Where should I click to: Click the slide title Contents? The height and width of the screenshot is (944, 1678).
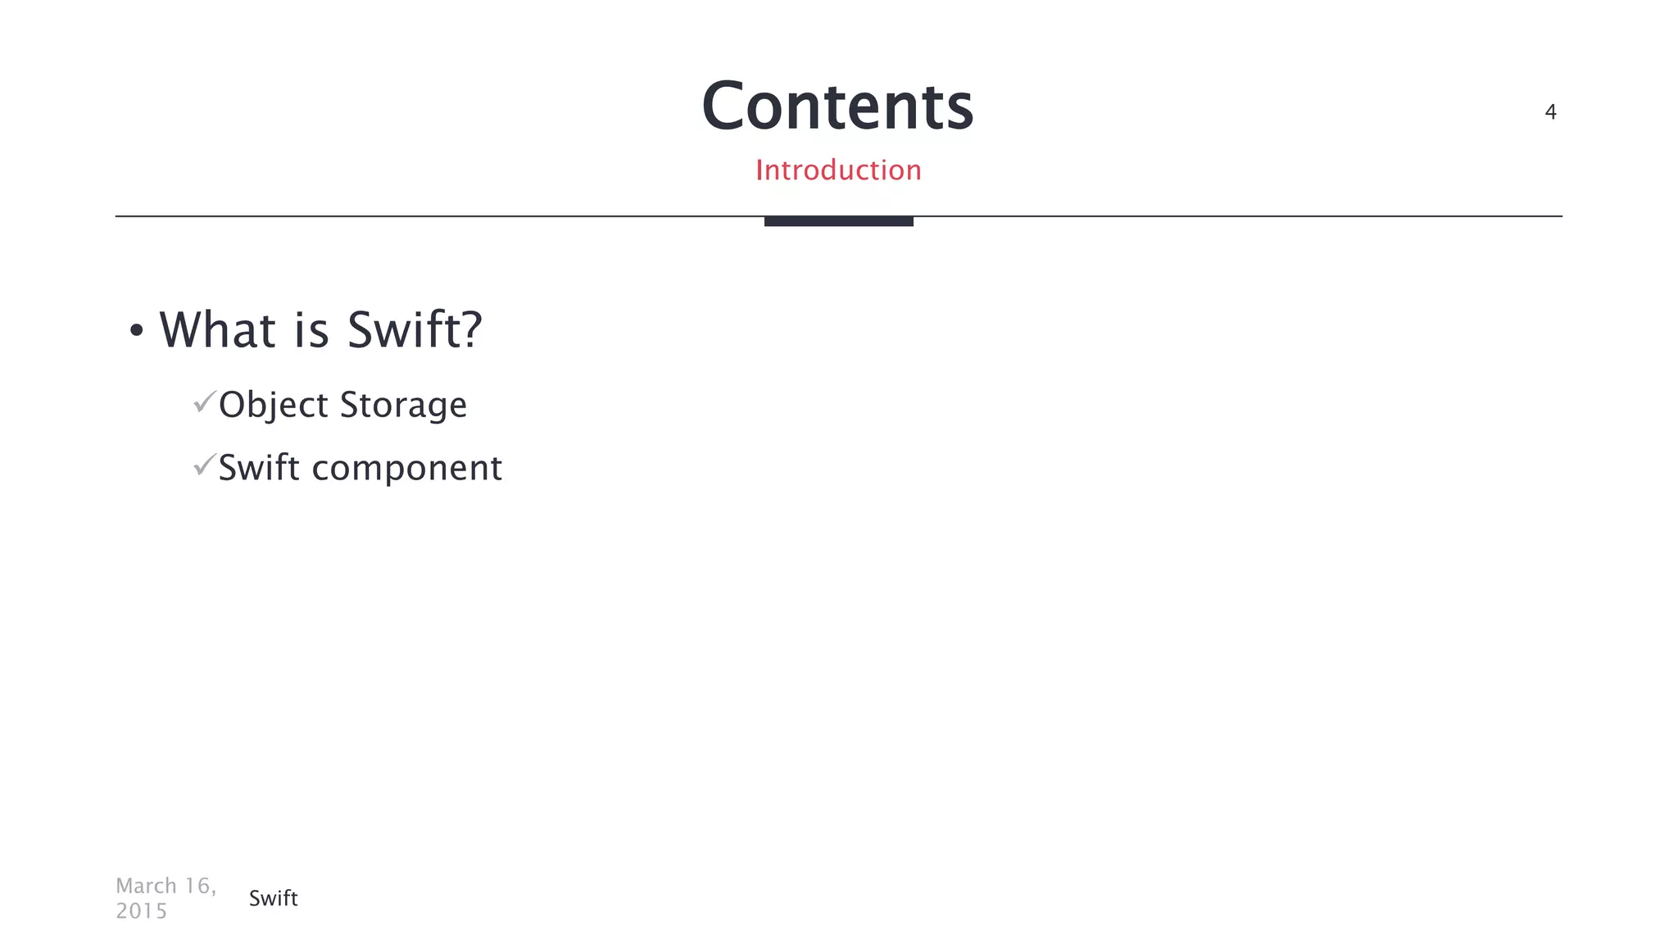click(837, 107)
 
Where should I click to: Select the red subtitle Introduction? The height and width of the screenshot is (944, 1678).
click(838, 170)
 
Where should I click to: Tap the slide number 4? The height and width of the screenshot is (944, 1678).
click(1550, 112)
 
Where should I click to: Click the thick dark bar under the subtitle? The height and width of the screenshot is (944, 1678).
click(838, 221)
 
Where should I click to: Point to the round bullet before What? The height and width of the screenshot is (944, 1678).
click(137, 331)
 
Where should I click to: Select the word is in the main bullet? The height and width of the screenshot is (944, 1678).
click(311, 329)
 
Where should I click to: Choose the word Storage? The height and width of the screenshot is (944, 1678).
click(403, 406)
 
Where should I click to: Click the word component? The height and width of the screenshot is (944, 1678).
click(406, 469)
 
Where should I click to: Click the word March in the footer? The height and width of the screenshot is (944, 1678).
click(147, 886)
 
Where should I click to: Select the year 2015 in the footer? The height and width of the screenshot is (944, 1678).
click(141, 911)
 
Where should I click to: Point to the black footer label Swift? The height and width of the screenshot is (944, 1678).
click(273, 898)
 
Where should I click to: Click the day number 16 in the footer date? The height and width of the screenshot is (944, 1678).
click(197, 886)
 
